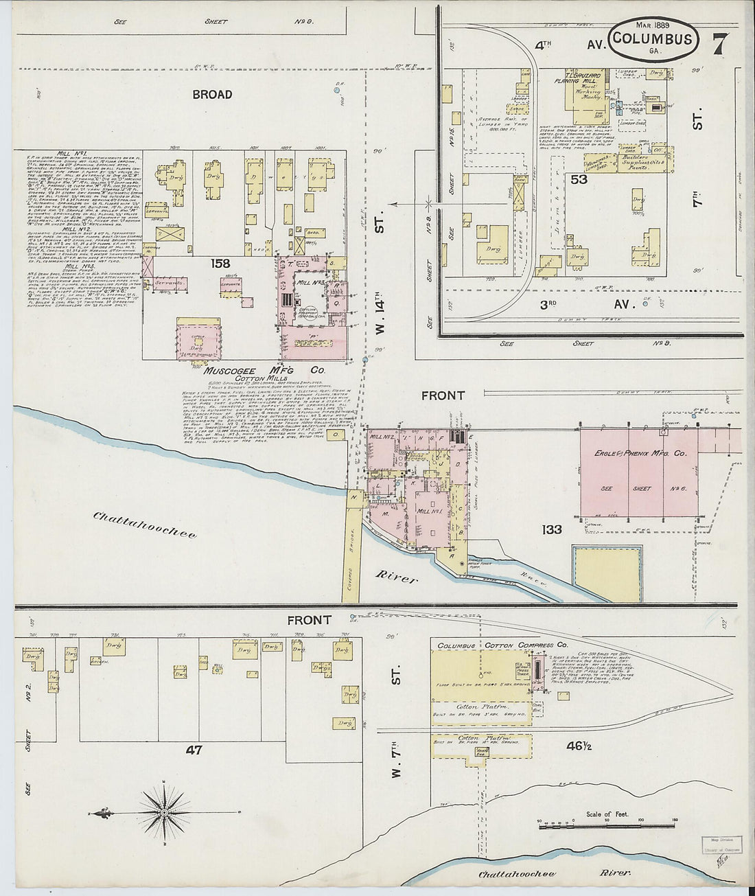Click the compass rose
165,812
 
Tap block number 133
551,529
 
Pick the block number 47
194,750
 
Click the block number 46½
579,745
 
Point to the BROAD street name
212,95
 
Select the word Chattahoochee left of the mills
145,525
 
